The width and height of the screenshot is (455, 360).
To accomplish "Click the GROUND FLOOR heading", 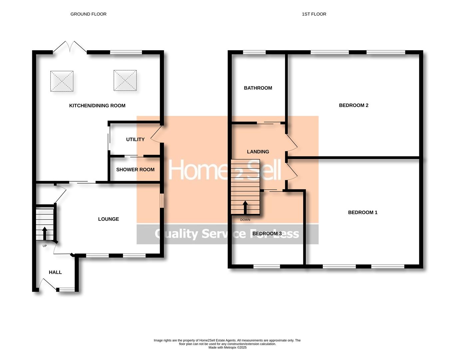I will pos(88,14).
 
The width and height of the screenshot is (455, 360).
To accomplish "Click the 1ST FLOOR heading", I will pos(314,14).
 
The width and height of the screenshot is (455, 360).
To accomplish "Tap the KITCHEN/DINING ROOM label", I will pos(97,106).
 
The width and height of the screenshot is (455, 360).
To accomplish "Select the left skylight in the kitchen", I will pos(62,81).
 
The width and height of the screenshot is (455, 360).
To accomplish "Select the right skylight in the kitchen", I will pos(125,80).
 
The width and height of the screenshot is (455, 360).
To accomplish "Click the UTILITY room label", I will pos(135,139).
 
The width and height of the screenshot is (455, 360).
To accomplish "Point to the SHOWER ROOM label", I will pos(135,170).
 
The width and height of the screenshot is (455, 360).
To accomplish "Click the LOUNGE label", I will pos(108,219).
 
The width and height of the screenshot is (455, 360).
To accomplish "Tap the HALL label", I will pos(55,272).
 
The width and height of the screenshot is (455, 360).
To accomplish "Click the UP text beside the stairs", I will pos(45,246).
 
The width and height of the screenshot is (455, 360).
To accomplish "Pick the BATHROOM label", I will pos(258,88).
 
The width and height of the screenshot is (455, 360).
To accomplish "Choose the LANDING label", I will pos(258,152).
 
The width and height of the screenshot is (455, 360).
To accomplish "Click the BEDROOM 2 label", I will pos(353,105).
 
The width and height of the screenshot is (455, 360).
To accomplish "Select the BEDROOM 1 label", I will pos(362,212).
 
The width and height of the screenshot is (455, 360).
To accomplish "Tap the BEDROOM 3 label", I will pos(267,234).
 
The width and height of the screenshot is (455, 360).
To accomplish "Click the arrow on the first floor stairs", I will pos(245,207).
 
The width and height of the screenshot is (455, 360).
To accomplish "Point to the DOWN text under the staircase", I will pos(245,220).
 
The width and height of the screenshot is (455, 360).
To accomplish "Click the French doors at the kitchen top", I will pos(70,47).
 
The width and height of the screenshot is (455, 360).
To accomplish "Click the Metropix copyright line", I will pos(227,347).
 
